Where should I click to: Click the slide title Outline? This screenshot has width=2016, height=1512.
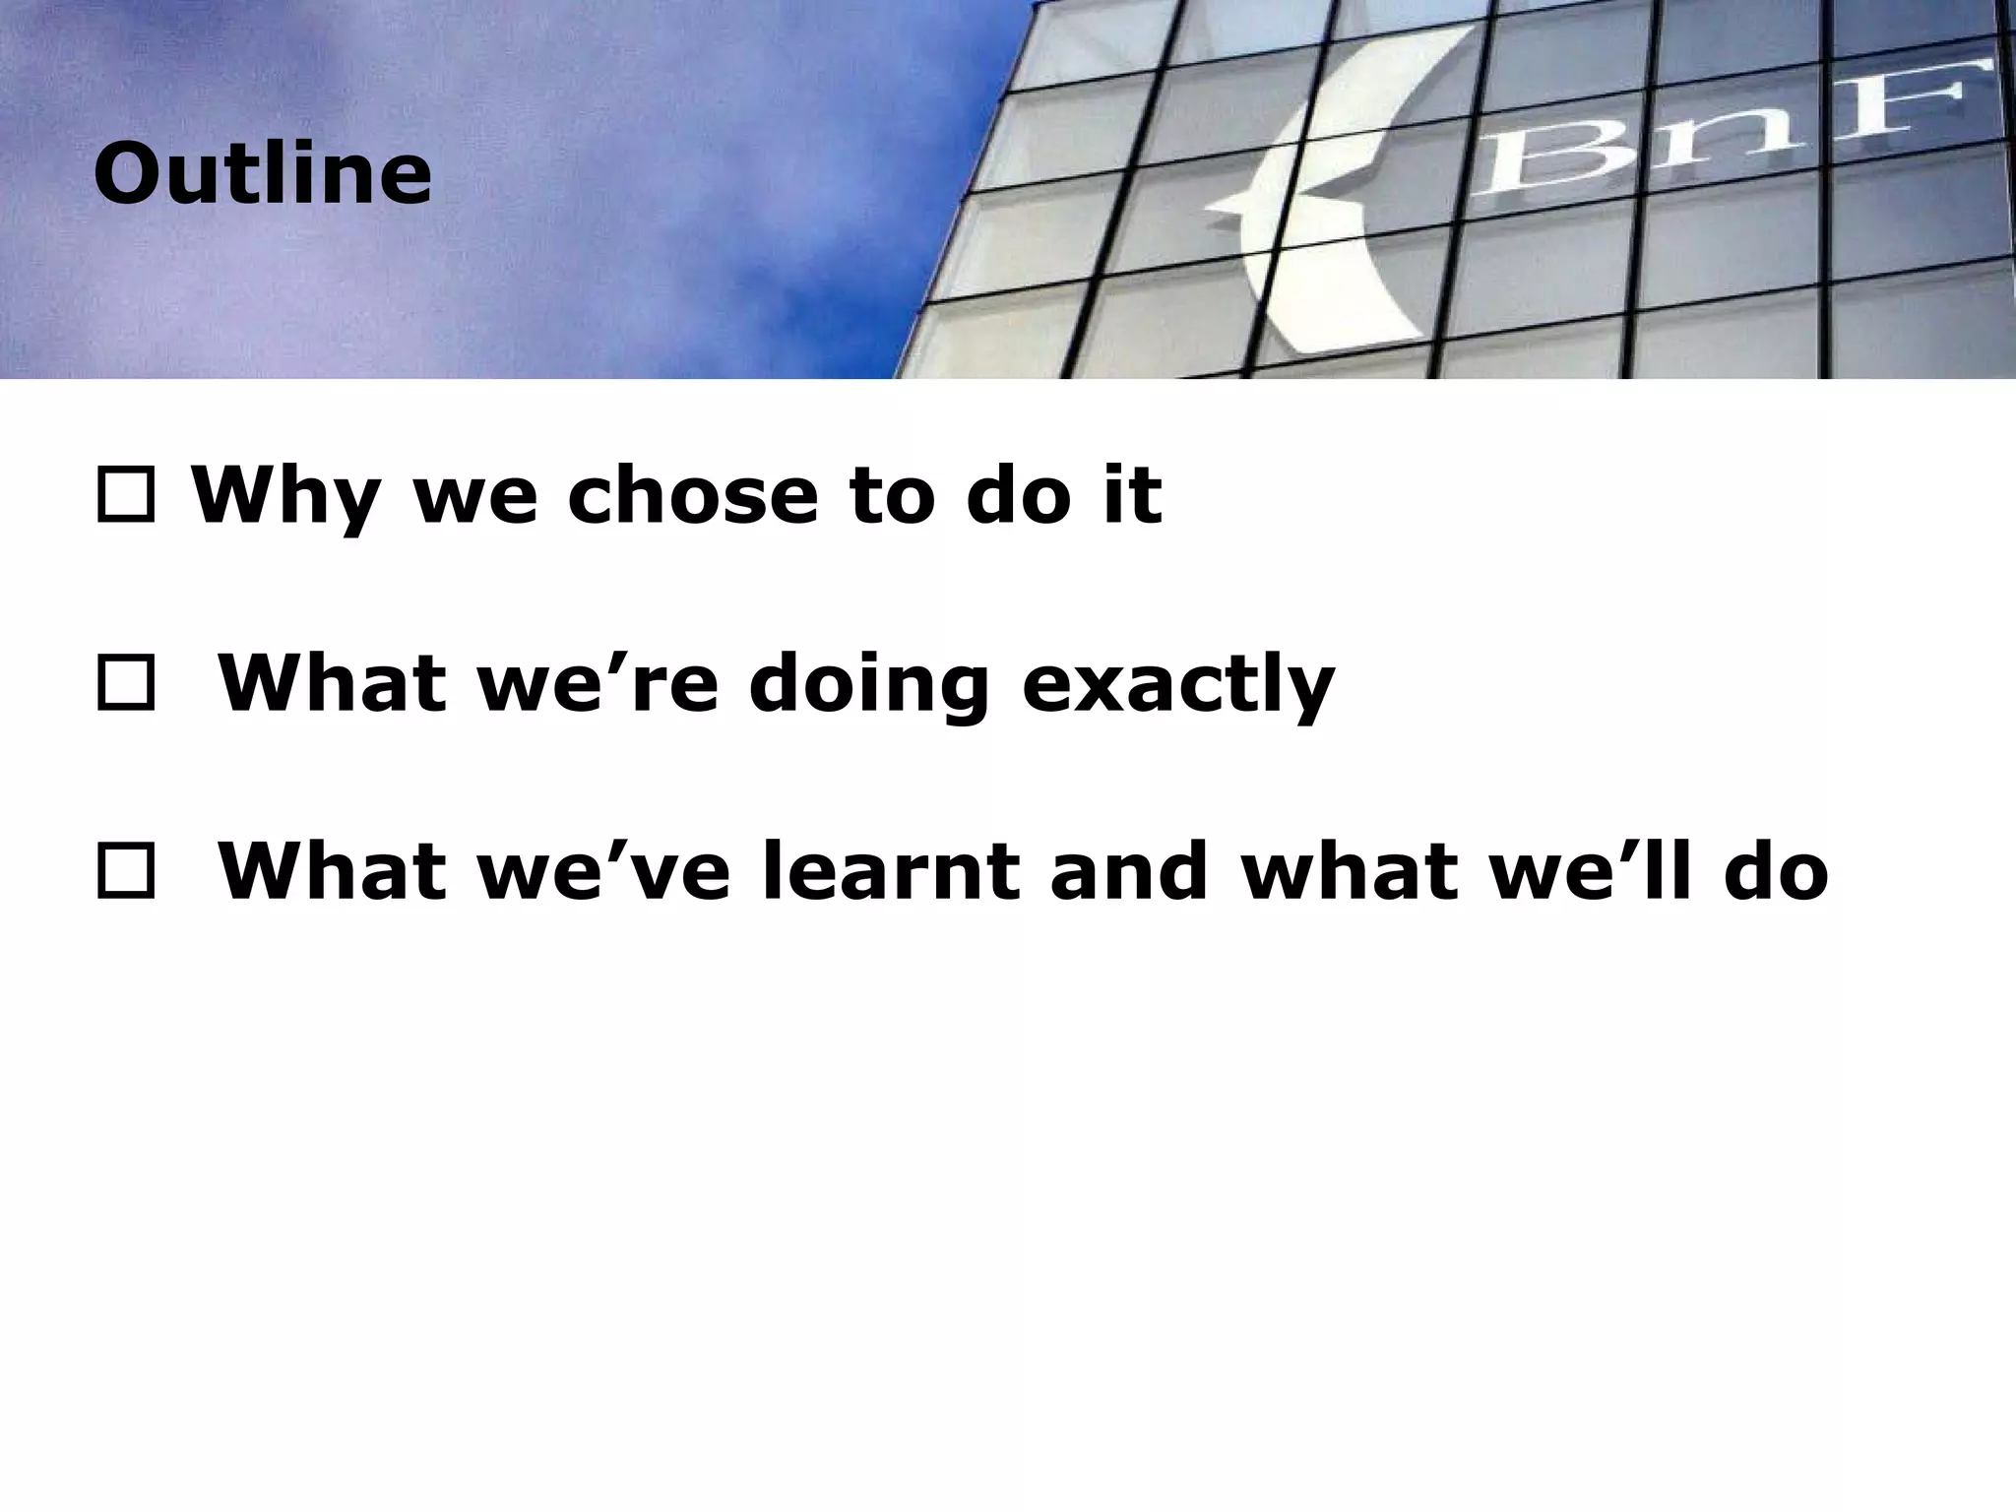pyautogui.click(x=263, y=174)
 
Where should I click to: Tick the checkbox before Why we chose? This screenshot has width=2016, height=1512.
pyautogui.click(x=125, y=496)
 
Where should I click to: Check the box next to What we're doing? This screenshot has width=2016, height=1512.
pyautogui.click(x=125, y=685)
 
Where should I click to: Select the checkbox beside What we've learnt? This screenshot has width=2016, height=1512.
pyautogui.click(x=125, y=873)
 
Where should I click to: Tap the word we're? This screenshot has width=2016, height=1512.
pyautogui.click(x=598, y=684)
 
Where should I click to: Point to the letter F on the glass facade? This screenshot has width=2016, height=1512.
pyautogui.click(x=1929, y=103)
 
